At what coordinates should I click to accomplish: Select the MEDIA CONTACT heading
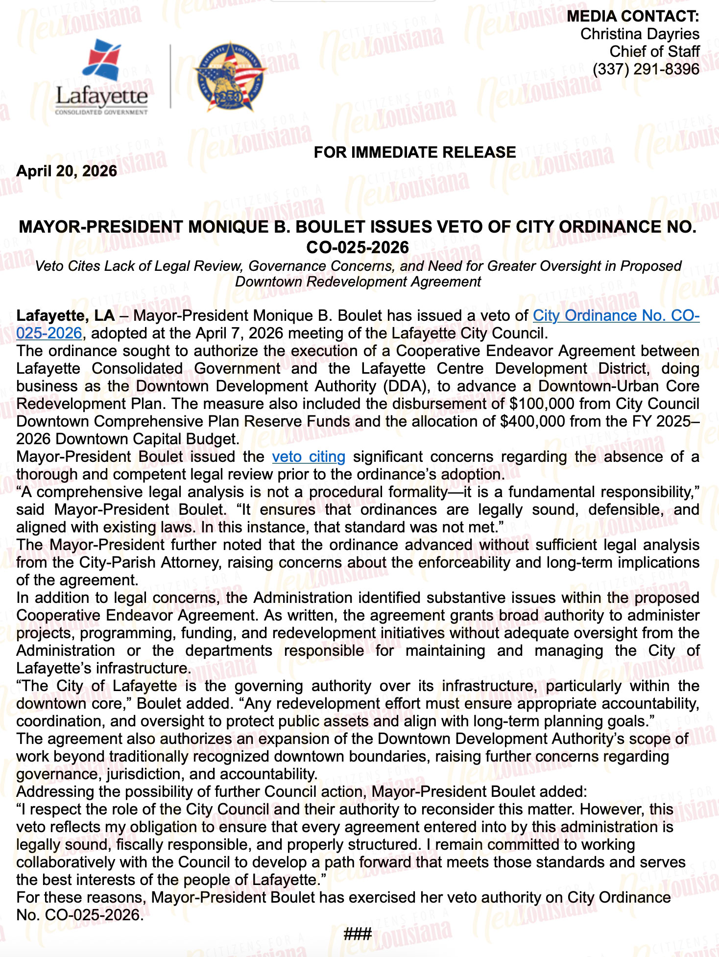point(633,16)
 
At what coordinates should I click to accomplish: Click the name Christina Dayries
point(640,34)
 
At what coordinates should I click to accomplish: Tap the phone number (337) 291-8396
point(646,69)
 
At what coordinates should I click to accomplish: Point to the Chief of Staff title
point(654,51)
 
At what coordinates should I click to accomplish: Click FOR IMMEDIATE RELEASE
point(414,152)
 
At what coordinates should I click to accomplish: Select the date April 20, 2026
point(67,171)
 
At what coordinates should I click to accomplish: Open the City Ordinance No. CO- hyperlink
point(616,316)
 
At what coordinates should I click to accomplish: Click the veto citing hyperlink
point(309,457)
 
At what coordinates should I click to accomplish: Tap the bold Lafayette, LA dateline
point(66,316)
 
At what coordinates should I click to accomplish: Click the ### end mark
point(358,934)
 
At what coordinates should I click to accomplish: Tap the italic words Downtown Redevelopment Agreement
point(358,282)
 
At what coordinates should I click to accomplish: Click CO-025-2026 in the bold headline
point(358,247)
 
